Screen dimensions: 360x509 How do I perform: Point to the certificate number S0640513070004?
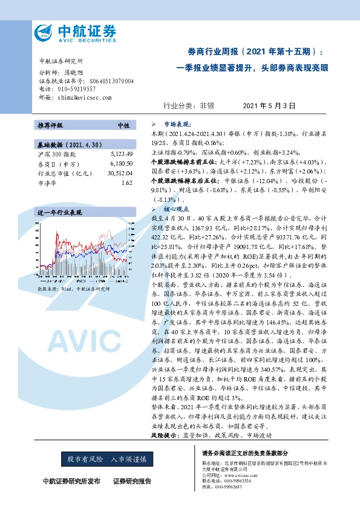(x=106, y=80)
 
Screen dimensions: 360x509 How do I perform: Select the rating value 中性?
(x=123, y=125)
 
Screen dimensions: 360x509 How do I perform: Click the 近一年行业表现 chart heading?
(x=59, y=213)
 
